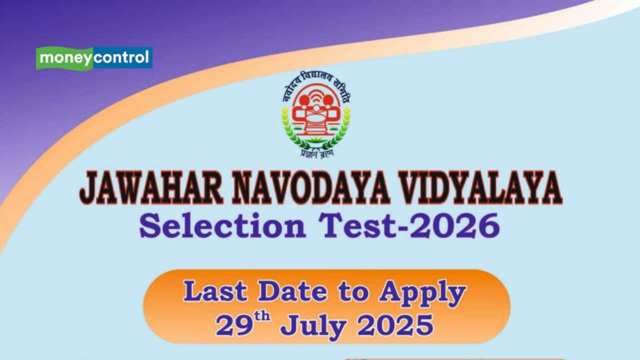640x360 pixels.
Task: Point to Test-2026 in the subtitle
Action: coord(410,225)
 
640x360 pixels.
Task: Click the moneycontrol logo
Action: coord(94,58)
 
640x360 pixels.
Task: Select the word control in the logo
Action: coord(121,58)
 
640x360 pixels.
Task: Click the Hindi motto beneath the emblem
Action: coord(315,153)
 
